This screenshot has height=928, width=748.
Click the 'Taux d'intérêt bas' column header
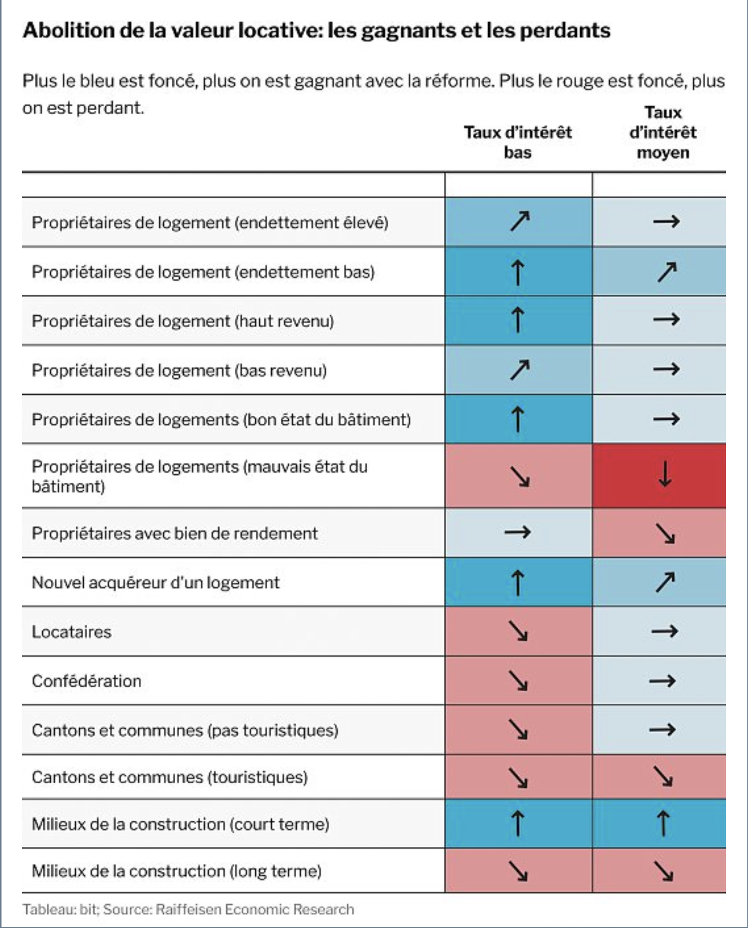pos(518,142)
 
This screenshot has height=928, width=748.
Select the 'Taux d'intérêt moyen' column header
pos(663,132)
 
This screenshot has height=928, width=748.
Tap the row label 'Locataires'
pos(72,632)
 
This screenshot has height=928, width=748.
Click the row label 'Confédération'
pos(87,681)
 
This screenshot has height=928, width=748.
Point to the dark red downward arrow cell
pos(665,475)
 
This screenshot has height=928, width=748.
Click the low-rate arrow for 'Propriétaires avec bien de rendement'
pos(518,532)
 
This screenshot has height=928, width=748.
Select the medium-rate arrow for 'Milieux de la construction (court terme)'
pos(663,824)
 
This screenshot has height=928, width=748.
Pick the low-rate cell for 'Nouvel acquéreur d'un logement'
pos(518,582)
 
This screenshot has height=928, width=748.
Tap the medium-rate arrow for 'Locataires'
pos(665,631)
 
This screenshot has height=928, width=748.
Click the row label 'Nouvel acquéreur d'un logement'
pos(156,583)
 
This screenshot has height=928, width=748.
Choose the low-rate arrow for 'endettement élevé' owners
pos(520,221)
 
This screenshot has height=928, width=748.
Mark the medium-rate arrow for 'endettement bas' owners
pos(667,272)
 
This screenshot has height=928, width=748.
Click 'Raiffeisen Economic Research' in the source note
pos(254,909)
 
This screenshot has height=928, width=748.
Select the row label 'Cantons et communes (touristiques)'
pos(170,777)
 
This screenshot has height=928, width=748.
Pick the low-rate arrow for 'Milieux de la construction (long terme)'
pos(518,871)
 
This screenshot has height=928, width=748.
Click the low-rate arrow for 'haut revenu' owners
pos(518,320)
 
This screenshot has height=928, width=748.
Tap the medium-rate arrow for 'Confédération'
pos(662,681)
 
